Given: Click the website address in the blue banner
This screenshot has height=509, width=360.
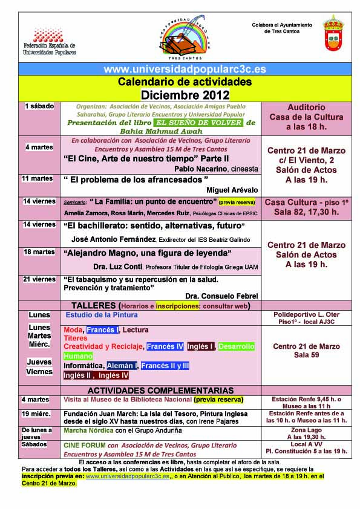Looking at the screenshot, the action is point(179,70).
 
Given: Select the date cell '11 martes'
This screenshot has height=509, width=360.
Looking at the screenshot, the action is point(37,178).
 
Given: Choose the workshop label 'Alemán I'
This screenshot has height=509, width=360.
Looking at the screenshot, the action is point(123,366).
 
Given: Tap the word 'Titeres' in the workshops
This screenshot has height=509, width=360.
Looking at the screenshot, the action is point(77,339).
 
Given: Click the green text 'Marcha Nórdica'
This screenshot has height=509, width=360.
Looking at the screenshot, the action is point(89,430).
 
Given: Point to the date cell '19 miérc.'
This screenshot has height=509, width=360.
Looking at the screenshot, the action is point(36,413).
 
